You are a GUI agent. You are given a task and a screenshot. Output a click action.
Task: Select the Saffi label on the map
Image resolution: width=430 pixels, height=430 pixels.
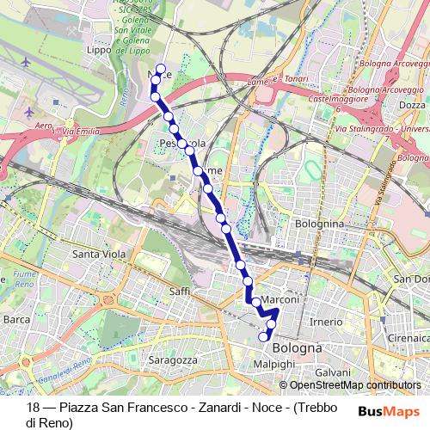click(180, 292)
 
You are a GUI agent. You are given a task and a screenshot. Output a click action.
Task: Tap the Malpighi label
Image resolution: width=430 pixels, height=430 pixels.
click(273, 365)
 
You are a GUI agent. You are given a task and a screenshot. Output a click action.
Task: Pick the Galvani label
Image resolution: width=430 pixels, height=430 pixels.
click(330, 372)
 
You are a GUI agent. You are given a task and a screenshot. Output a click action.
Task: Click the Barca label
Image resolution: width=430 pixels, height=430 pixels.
click(17, 319)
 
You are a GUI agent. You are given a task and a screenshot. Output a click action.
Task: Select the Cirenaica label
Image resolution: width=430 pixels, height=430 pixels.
click(407, 340)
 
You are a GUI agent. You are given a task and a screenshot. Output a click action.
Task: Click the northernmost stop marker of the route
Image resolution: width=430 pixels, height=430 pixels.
click(161, 68)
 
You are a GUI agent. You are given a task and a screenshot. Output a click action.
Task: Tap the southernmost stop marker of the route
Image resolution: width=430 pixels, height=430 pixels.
click(264, 338)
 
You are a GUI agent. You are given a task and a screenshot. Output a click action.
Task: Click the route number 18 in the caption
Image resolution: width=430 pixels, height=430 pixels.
click(34, 408)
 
